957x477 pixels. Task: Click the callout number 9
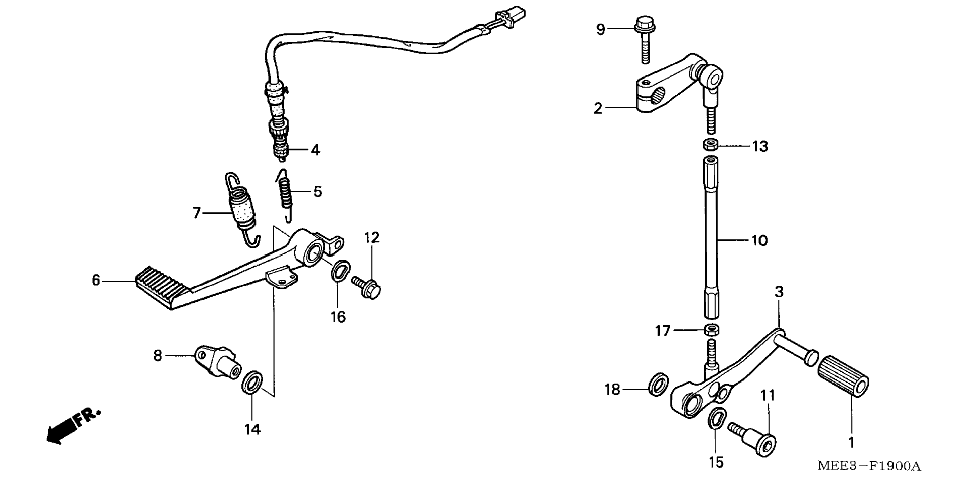click(x=600, y=30)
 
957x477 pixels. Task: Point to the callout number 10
click(x=759, y=241)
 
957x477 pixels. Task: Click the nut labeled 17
click(x=712, y=330)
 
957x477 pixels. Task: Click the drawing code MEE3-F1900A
click(x=869, y=466)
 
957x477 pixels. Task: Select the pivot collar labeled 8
click(x=218, y=363)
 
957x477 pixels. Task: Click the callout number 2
click(x=598, y=108)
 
